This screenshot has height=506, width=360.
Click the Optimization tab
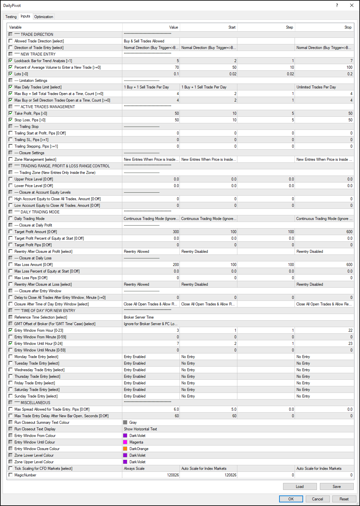(x=43, y=17)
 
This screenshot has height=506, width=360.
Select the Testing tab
(x=11, y=17)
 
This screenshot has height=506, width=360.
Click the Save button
(x=336, y=487)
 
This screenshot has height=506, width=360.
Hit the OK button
(x=291, y=499)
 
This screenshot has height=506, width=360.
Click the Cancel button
(x=317, y=499)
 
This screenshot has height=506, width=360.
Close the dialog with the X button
(x=351, y=5)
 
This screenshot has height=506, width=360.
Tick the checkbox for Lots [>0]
(x=11, y=74)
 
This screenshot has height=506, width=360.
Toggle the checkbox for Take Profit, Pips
(x=11, y=113)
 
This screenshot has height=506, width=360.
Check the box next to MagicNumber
(x=11, y=475)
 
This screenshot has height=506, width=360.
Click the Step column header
(x=289, y=27)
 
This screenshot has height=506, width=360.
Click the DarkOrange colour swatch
(x=125, y=449)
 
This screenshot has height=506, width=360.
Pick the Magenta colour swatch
(x=125, y=442)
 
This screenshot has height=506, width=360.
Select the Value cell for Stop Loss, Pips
(x=151, y=120)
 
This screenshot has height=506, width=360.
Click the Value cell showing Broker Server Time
(x=151, y=317)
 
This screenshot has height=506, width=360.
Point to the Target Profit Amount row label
(x=36, y=232)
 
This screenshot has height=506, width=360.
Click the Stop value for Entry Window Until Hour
(x=324, y=344)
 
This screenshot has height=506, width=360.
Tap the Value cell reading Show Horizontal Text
(x=151, y=429)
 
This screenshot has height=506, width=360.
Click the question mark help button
(x=337, y=5)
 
